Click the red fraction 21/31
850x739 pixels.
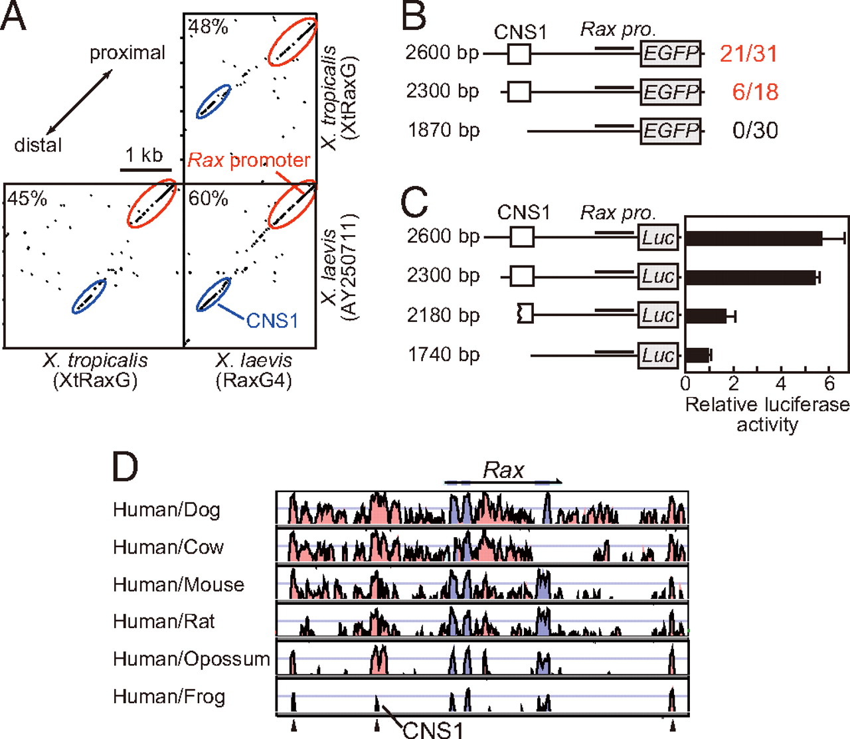[748, 54]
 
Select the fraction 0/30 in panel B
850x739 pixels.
[755, 131]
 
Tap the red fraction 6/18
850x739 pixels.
[755, 92]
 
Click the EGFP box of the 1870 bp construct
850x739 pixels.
[671, 131]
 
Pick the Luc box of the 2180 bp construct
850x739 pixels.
[658, 316]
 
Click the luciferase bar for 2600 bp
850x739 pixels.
[754, 238]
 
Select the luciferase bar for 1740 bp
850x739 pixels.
[697, 355]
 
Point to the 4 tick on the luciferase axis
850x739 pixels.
[781, 384]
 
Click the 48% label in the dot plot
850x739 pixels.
[208, 27]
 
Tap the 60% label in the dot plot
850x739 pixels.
[208, 199]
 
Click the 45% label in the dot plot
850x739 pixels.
[27, 199]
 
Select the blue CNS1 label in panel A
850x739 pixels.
[272, 321]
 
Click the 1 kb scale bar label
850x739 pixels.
[144, 155]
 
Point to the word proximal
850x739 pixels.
[127, 53]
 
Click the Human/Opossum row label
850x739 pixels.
[191, 659]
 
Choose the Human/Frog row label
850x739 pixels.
[169, 697]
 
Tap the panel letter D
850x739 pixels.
[125, 467]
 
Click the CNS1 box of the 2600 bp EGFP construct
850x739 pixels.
[519, 54]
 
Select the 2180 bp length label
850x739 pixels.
[443, 315]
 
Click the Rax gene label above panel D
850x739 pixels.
[503, 471]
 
